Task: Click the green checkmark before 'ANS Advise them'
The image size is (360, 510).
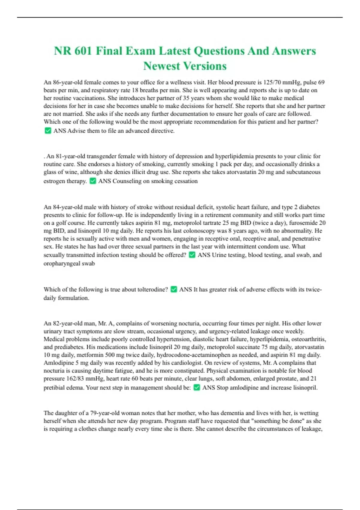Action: [x=48, y=130]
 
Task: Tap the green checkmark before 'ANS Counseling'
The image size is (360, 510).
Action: [x=93, y=181]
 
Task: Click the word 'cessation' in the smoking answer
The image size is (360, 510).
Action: [x=185, y=181]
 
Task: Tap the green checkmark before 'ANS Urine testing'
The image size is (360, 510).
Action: [x=192, y=255]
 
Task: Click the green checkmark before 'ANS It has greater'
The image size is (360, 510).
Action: [x=173, y=289]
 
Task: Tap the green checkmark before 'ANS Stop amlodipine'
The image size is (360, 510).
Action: [x=196, y=387]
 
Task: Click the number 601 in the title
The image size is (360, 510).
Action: [x=83, y=51]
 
